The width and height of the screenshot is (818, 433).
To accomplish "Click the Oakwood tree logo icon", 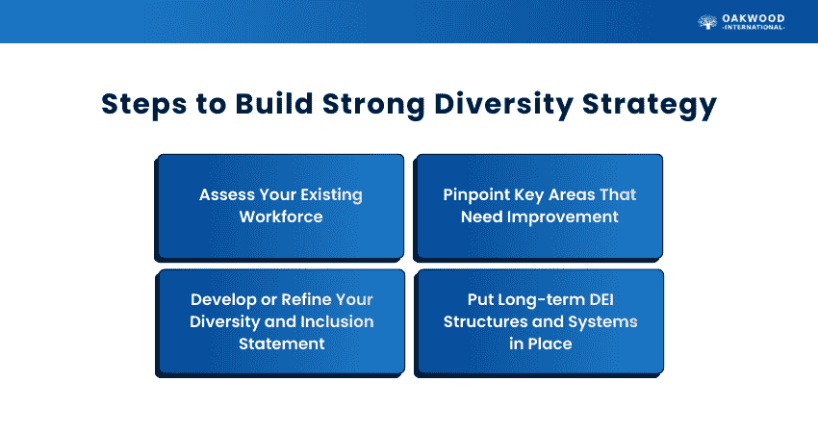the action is tap(707, 22).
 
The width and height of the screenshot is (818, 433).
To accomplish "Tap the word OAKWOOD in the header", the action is tap(753, 19).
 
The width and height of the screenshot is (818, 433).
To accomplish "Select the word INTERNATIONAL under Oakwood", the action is tap(754, 28).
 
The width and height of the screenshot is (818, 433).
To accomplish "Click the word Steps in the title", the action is tap(144, 104).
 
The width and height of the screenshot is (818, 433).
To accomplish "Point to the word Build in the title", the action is tap(273, 103).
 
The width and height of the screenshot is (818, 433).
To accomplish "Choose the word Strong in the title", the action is tap(373, 104).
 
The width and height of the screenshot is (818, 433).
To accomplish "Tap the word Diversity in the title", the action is tap(503, 104).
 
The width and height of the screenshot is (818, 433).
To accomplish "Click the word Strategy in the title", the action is tap(650, 104).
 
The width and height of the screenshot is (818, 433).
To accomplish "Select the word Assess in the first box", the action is tap(226, 194).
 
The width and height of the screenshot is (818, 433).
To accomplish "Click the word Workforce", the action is tap(281, 216).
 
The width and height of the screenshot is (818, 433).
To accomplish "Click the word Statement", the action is tap(282, 344).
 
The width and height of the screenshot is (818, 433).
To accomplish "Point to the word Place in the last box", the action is tap(549, 344).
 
